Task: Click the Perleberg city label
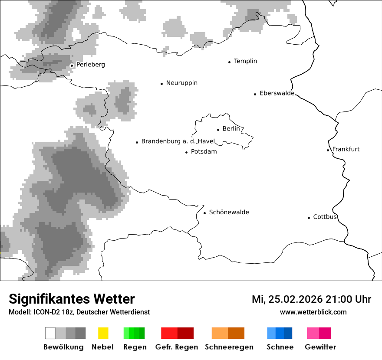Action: coord(90,65)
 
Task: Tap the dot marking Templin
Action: coord(229,62)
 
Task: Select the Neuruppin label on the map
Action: coord(181,83)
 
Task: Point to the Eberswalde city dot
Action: coord(255,94)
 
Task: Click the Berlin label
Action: coord(231,129)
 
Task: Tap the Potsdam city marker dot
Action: coord(187,152)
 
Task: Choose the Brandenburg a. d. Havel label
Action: coord(178,141)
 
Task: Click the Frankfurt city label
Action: coord(346,149)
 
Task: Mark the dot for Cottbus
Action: coord(309,218)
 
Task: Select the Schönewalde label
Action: coord(229,212)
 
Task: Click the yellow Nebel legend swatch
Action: coord(103,333)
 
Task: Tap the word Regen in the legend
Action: coord(134,347)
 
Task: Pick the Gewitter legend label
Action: coord(320,347)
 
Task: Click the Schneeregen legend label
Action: coord(229,347)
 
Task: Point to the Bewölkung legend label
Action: coord(63,347)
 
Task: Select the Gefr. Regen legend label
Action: coord(176,347)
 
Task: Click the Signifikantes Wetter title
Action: coord(72,299)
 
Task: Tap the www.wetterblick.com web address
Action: coord(313,312)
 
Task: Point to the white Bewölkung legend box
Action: coord(50,333)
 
